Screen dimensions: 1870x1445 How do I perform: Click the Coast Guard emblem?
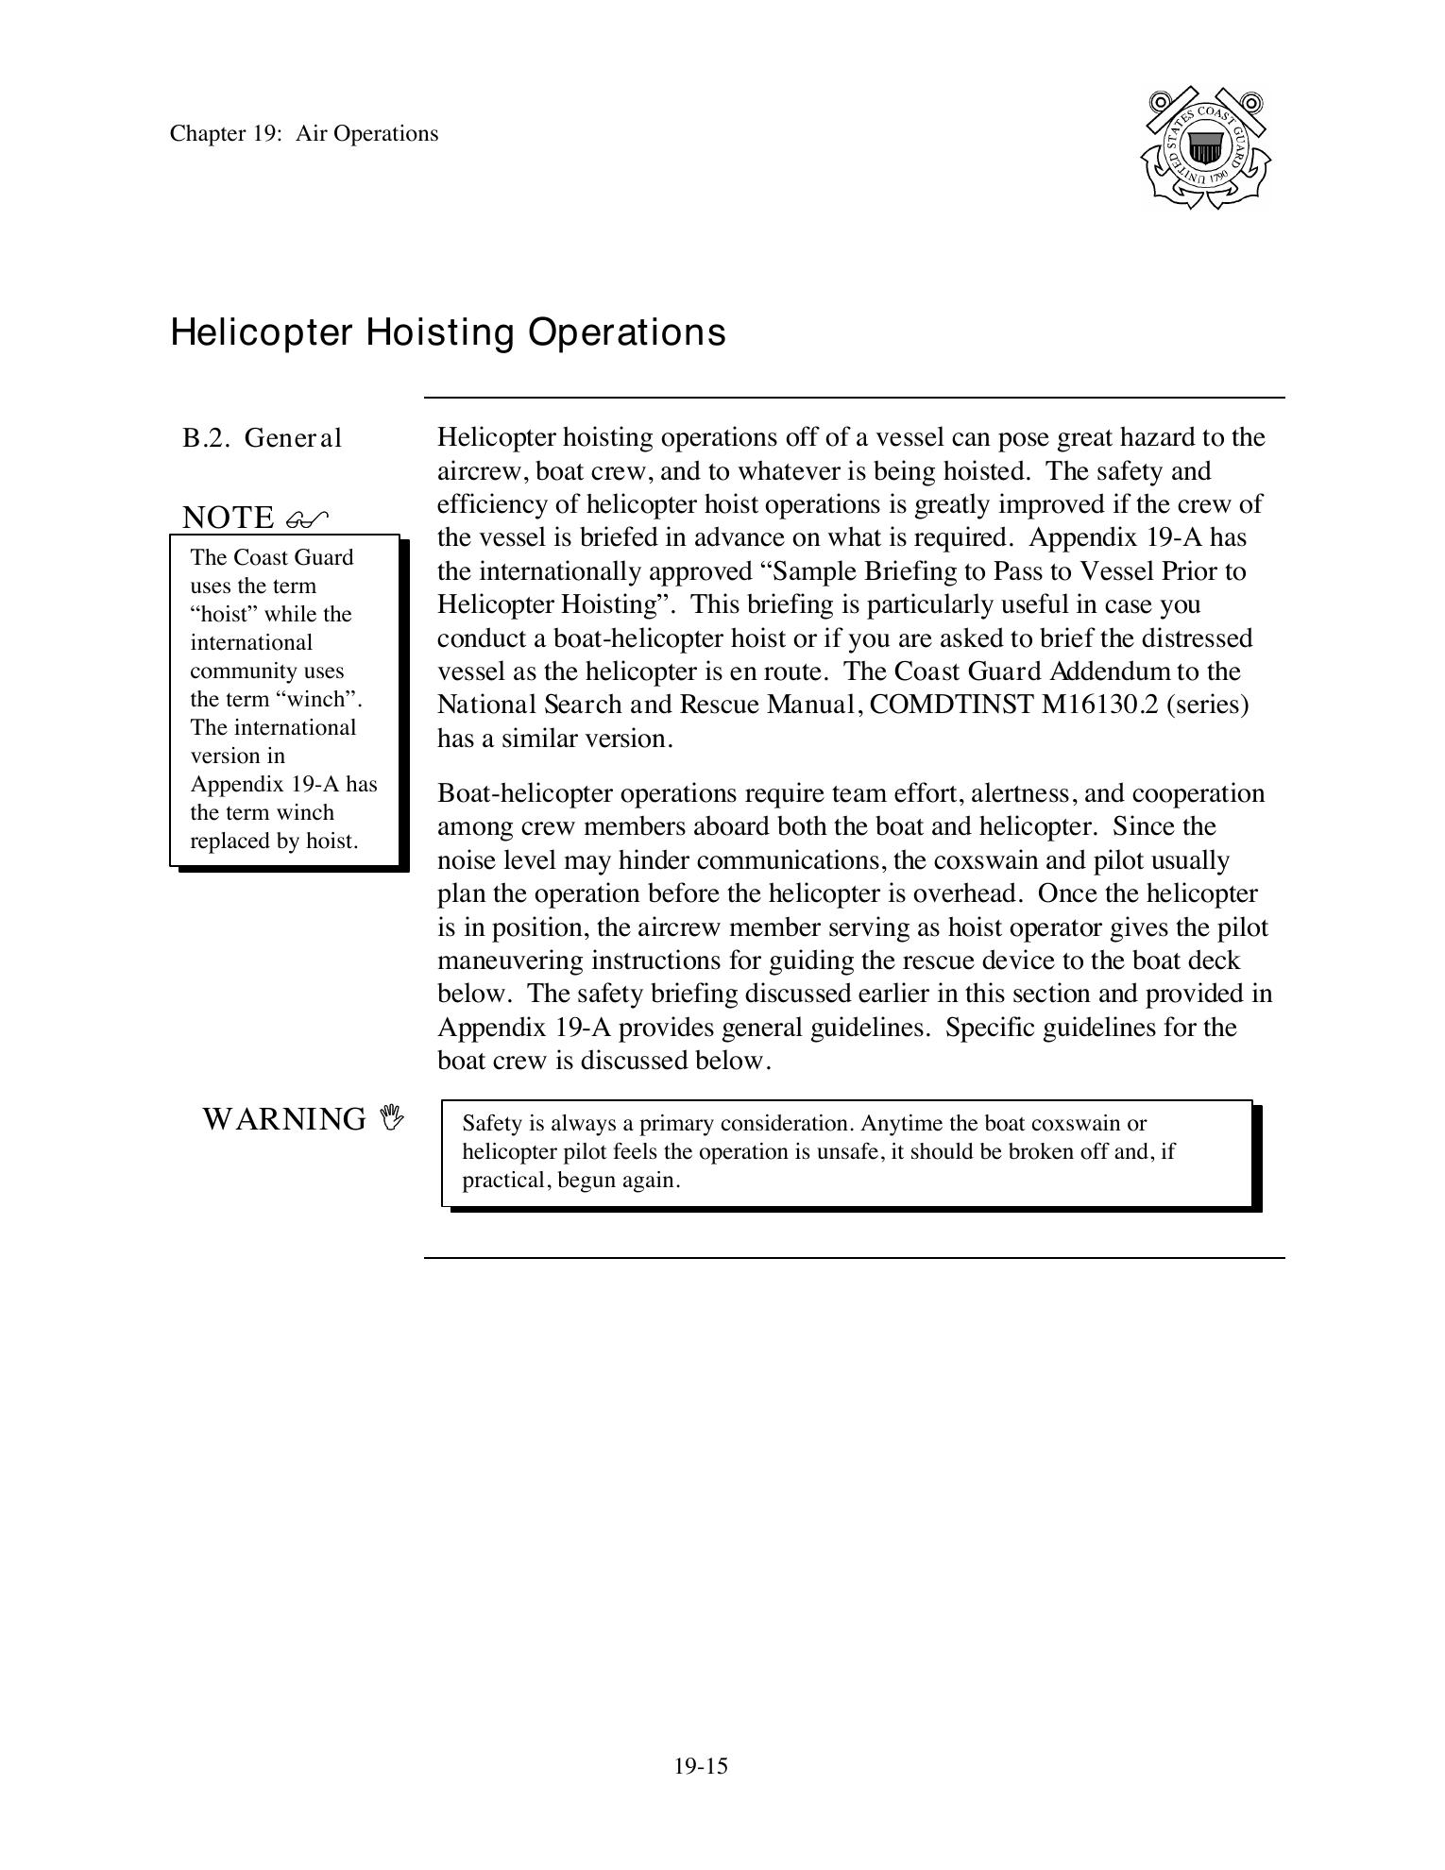pyautogui.click(x=1205, y=147)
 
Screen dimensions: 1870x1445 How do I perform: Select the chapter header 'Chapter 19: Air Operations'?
pyautogui.click(x=304, y=133)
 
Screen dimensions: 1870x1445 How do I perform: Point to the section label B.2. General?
pyautogui.click(x=262, y=438)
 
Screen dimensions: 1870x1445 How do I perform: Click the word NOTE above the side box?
pyautogui.click(x=228, y=518)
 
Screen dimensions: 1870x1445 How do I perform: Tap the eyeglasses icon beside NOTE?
pyautogui.click(x=306, y=518)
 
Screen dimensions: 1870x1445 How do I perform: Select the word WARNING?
pyautogui.click(x=284, y=1119)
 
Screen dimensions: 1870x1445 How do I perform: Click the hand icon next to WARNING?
pyautogui.click(x=391, y=1118)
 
